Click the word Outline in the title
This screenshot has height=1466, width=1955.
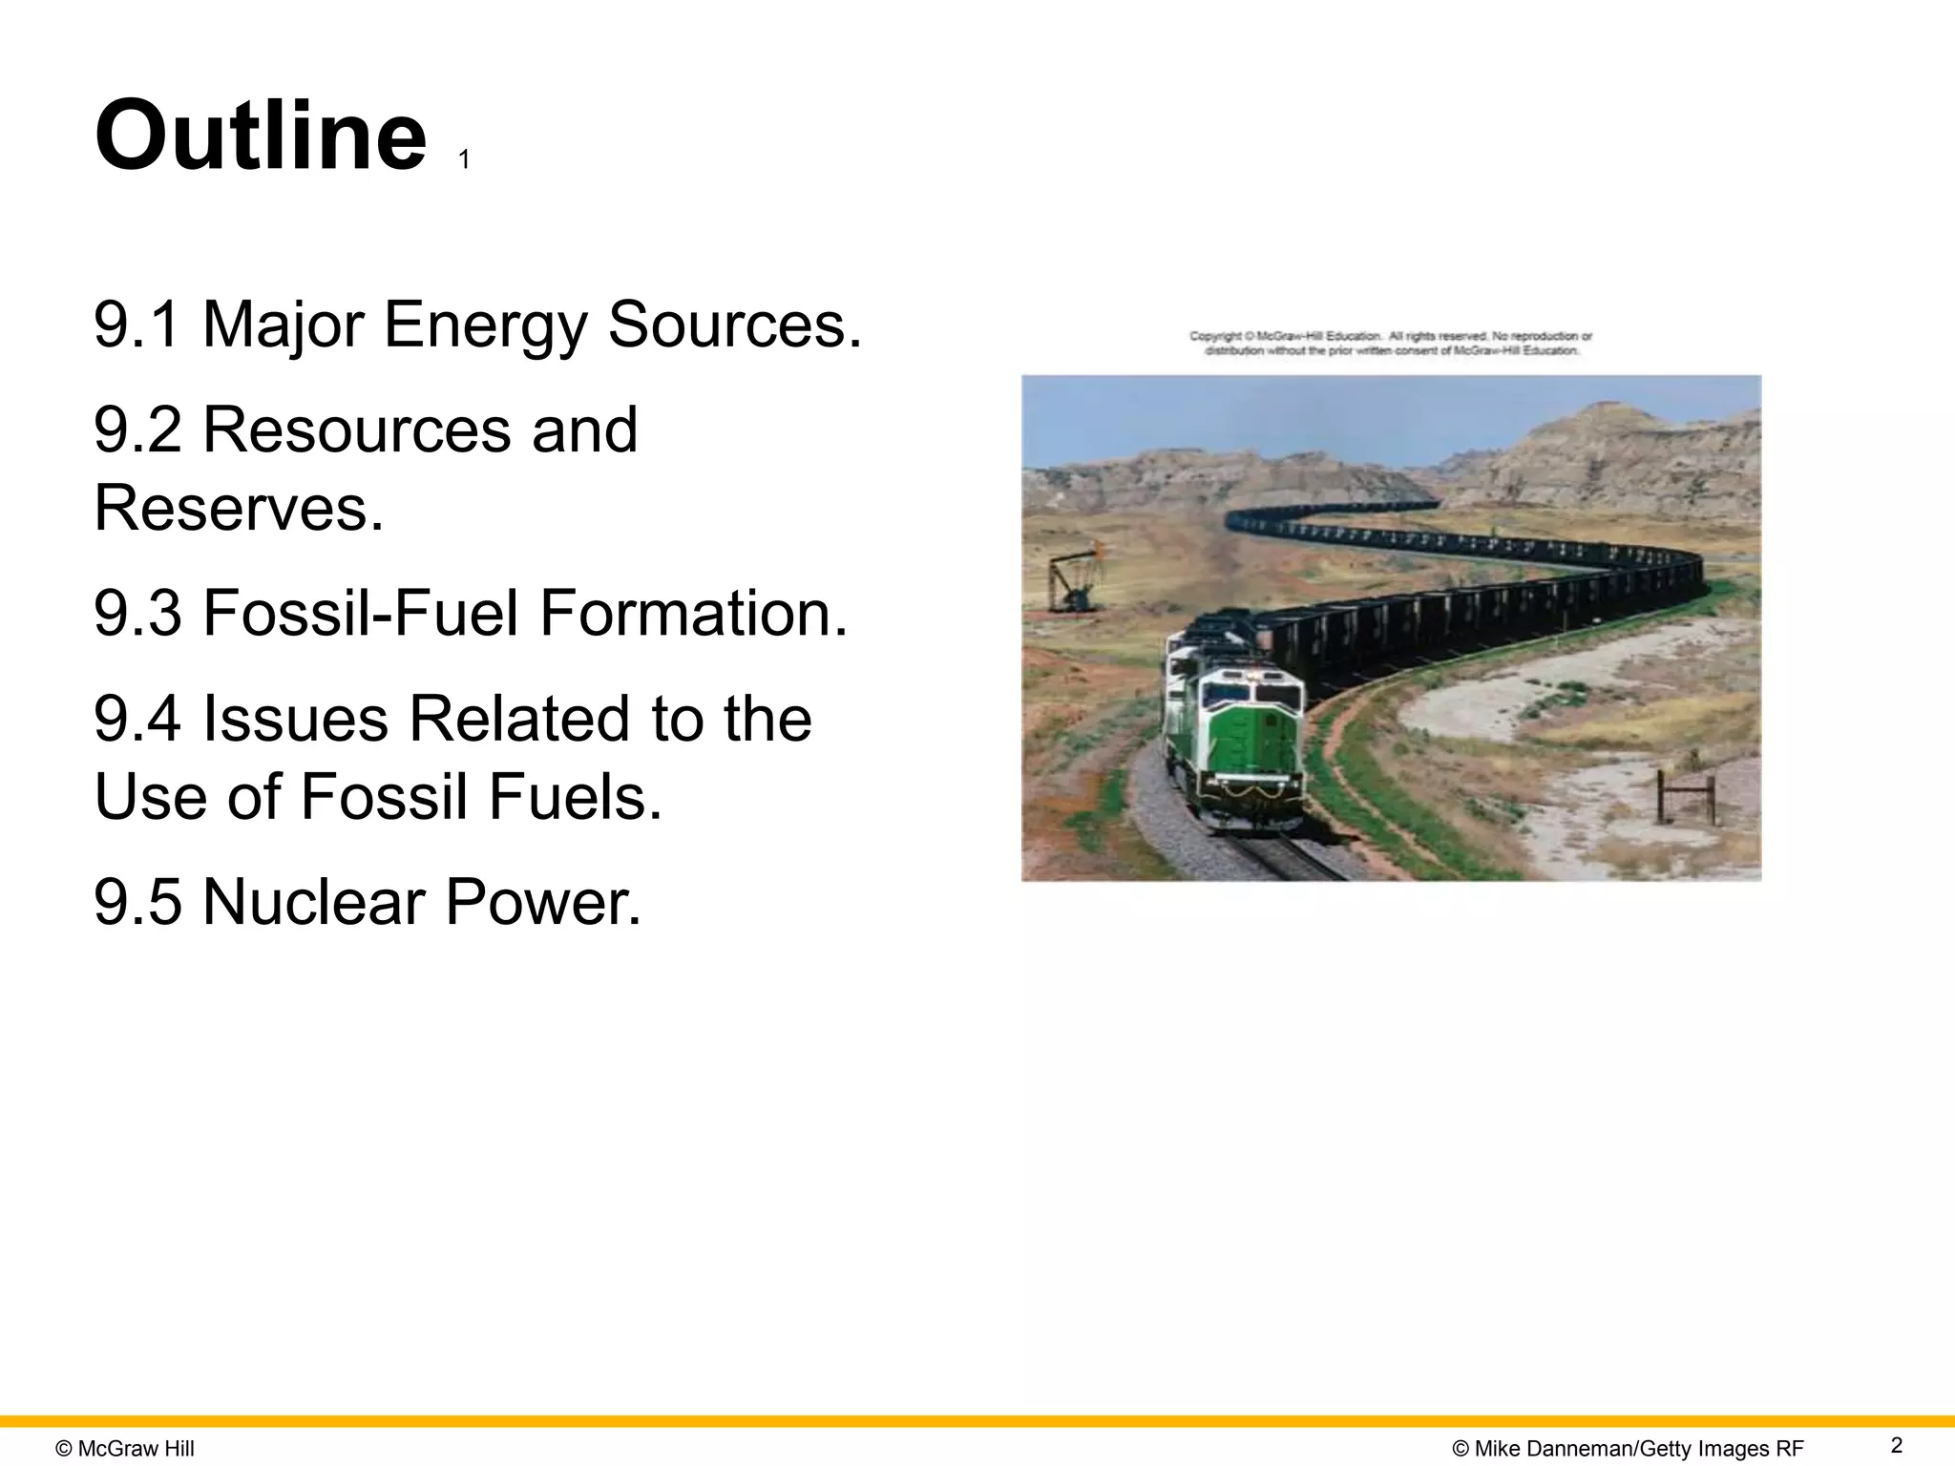[260, 136]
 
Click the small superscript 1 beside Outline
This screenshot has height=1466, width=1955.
[464, 160]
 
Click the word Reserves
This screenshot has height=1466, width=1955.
[239, 508]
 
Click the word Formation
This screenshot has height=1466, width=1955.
[693, 613]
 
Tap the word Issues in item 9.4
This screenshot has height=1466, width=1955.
[295, 718]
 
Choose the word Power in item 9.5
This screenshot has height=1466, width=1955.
[542, 902]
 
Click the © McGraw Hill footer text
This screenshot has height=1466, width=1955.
[125, 1449]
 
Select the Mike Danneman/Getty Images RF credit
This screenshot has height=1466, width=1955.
[1628, 1449]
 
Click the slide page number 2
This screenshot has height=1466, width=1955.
[1896, 1444]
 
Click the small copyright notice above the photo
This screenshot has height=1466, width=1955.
[1390, 344]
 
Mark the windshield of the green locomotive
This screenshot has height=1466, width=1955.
[1251, 696]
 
